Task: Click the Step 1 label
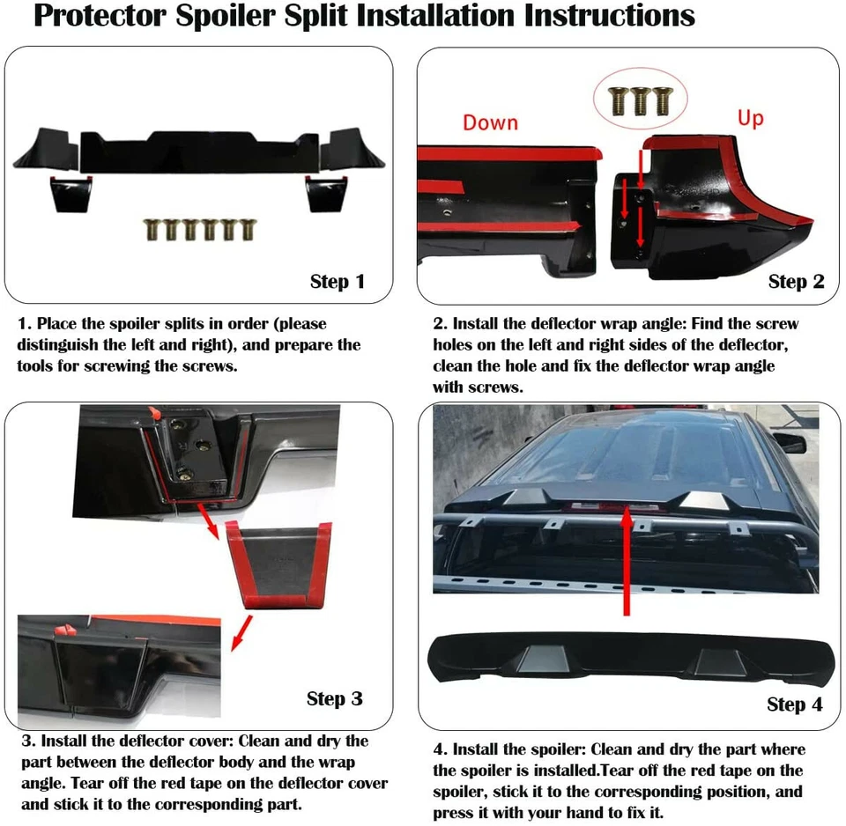click(337, 282)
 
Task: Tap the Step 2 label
click(796, 282)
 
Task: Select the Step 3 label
click(334, 698)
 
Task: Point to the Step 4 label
click(794, 704)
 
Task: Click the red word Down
click(490, 122)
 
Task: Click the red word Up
click(750, 117)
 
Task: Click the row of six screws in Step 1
click(195, 231)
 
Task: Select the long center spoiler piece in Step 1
click(199, 150)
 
